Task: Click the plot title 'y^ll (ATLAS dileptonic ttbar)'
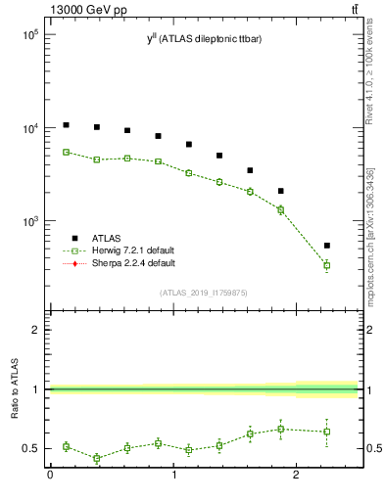203,39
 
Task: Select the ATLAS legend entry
109,237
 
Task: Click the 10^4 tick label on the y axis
28,128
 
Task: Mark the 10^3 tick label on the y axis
28,222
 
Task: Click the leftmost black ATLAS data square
66,125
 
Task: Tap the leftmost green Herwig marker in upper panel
66,152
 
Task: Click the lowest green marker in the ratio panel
97,458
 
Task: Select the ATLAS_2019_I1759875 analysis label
203,292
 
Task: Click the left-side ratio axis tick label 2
35,330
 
